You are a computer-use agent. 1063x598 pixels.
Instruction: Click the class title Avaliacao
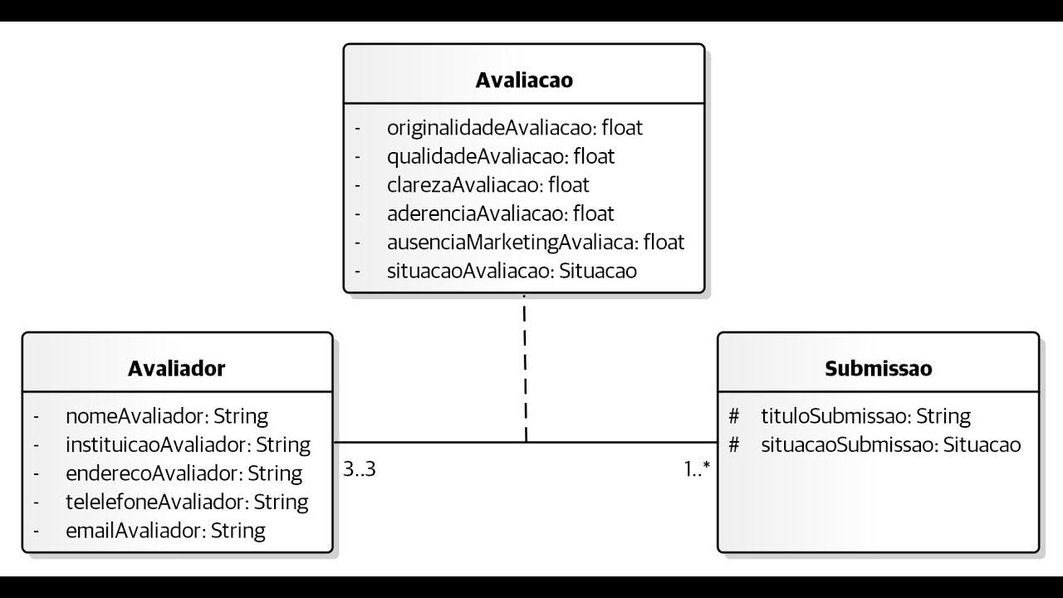[524, 81]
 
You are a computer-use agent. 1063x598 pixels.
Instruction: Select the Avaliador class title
[176, 369]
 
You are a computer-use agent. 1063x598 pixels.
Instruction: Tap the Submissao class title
[878, 369]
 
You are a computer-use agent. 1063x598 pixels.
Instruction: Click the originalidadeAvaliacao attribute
[515, 128]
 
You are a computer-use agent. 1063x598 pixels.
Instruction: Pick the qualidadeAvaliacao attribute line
[501, 156]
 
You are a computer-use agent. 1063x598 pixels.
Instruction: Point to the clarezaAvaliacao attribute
[488, 184]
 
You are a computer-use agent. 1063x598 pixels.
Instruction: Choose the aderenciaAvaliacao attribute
[501, 213]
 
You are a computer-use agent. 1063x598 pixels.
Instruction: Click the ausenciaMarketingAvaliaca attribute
[536, 242]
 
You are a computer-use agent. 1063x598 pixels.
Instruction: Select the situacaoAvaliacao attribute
[512, 271]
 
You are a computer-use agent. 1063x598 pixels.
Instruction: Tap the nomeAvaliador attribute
[166, 415]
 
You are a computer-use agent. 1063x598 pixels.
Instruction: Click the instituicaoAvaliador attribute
[188, 444]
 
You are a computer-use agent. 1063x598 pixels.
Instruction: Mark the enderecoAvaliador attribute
[184, 473]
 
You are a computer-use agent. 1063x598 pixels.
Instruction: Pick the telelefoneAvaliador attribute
[187, 502]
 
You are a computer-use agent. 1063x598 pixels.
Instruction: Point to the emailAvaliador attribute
[165, 530]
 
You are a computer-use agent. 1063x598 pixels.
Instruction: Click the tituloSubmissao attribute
[865, 415]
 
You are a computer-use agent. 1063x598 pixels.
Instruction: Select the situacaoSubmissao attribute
[890, 444]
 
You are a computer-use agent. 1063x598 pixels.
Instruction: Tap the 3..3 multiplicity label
[360, 469]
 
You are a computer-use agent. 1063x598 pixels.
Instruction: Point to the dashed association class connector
[525, 365]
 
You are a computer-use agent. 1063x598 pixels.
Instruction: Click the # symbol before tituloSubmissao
[733, 415]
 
